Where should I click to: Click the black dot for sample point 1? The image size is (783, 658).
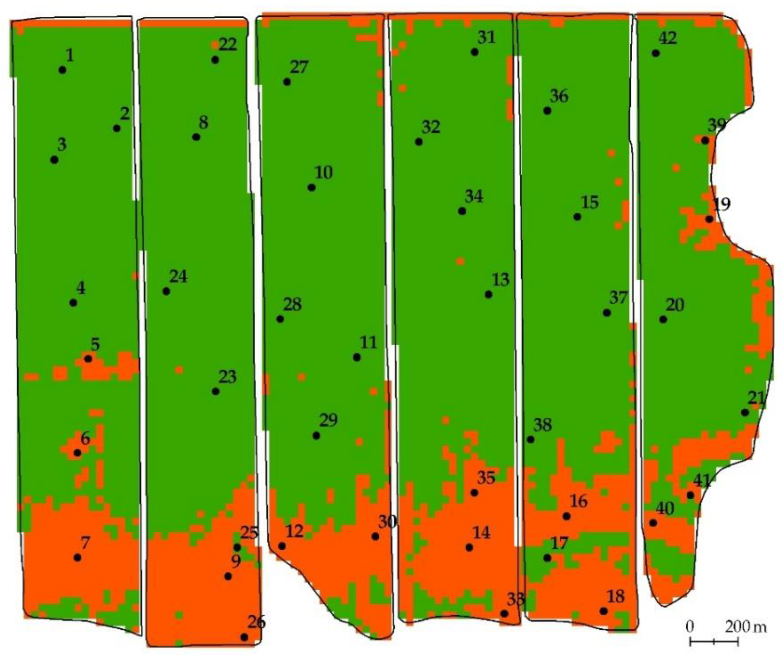click(62, 70)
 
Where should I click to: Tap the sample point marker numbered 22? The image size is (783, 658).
click(215, 60)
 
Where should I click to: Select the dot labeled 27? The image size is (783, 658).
click(287, 82)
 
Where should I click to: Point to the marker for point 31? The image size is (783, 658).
click(475, 52)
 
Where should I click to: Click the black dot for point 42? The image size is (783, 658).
click(656, 53)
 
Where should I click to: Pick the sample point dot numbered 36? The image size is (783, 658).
click(547, 111)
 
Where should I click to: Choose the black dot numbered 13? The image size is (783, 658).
click(488, 295)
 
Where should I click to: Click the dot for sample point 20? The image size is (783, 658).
click(663, 319)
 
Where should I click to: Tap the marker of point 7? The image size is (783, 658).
click(77, 558)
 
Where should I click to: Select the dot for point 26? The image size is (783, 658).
click(244, 637)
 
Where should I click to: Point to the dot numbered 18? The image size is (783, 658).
click(604, 611)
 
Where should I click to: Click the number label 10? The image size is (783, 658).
click(324, 173)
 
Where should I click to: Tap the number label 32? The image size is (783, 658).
click(431, 127)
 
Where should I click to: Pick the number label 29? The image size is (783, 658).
click(329, 420)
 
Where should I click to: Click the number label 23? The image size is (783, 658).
click(227, 377)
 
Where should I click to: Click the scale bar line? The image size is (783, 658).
click(714, 642)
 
